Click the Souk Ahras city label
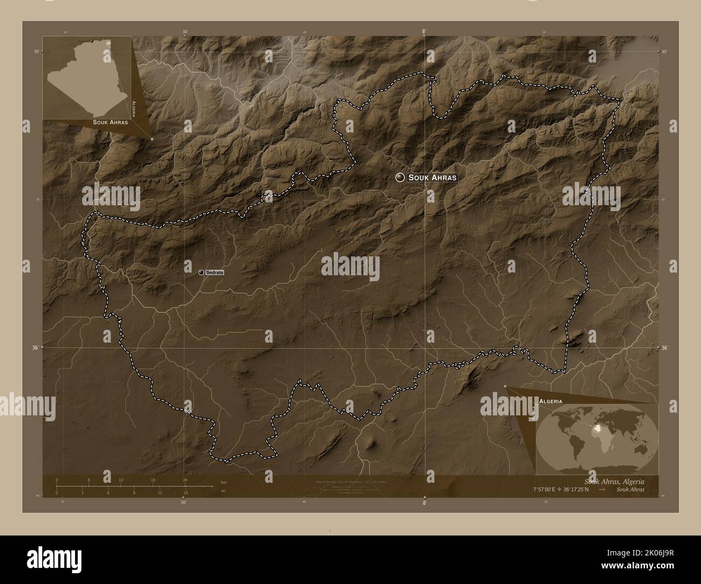point(432,177)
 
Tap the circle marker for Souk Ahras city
point(400,177)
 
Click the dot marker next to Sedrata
point(201,273)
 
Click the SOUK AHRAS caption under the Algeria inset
point(110,122)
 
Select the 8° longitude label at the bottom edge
point(424,503)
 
